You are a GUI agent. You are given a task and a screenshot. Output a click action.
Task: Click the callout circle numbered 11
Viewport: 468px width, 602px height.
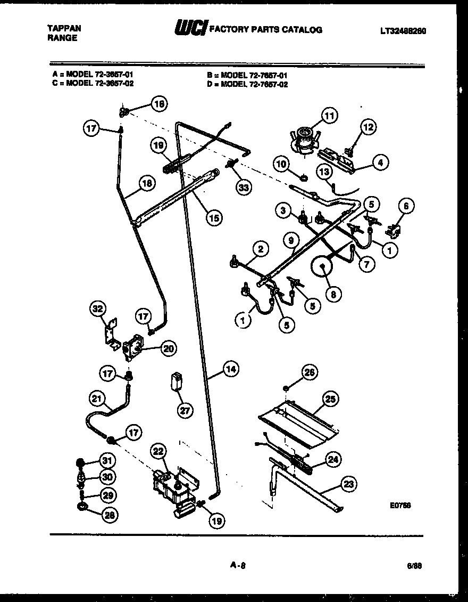329,116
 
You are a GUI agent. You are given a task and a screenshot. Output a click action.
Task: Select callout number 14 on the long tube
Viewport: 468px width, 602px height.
230,369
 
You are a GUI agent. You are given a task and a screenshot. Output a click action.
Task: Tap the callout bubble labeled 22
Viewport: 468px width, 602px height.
157,450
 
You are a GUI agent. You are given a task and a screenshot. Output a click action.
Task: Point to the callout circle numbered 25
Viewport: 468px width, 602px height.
331,399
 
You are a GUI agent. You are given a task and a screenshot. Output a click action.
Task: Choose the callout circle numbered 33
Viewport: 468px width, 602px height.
244,187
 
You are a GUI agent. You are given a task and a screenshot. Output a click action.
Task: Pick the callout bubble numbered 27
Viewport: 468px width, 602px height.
185,410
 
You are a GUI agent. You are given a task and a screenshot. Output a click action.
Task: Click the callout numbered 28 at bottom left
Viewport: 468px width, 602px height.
109,515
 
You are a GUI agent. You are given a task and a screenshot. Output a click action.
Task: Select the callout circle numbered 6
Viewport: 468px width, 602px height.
407,206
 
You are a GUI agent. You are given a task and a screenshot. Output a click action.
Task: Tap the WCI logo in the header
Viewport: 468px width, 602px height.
190,29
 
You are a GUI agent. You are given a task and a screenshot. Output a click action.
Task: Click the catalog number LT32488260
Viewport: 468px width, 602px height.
403,31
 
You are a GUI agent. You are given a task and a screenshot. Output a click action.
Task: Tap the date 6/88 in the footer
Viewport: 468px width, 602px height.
417,566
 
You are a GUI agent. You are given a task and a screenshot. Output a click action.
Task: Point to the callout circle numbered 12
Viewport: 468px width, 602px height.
368,127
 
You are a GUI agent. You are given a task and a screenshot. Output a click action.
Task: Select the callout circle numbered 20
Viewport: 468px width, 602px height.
169,349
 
